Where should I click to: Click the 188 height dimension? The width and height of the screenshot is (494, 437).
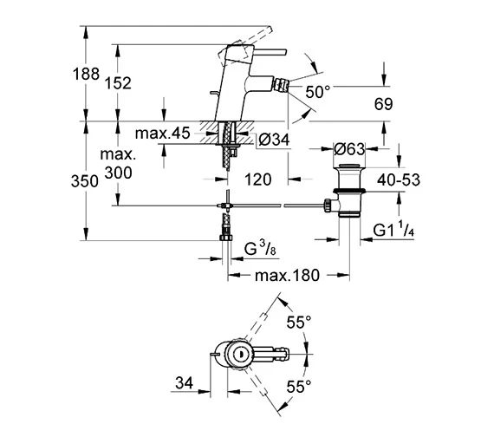click(x=86, y=74)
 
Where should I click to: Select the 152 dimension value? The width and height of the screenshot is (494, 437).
click(x=118, y=83)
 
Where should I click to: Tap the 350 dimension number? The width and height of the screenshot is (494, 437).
click(x=85, y=181)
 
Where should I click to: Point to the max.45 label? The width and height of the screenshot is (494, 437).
click(x=163, y=134)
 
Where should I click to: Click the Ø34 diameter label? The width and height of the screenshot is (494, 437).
click(x=274, y=140)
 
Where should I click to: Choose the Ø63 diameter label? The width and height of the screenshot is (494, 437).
click(x=349, y=149)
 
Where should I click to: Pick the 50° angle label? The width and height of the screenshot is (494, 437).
click(x=317, y=92)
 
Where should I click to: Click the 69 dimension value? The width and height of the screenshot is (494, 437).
click(x=383, y=104)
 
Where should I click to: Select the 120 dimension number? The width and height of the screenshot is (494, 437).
click(x=258, y=179)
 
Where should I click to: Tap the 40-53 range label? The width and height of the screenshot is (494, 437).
click(x=399, y=180)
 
